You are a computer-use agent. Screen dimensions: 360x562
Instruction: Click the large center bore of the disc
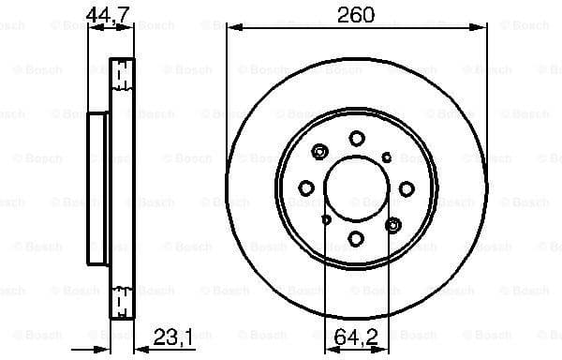(357, 188)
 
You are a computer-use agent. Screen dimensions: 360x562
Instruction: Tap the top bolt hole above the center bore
(357, 139)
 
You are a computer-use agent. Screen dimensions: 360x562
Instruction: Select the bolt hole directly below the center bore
(357, 239)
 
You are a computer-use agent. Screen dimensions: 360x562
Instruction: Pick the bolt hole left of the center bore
(306, 188)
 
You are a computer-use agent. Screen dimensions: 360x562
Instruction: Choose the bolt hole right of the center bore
(407, 188)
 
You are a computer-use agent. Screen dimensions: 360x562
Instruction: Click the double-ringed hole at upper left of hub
(321, 153)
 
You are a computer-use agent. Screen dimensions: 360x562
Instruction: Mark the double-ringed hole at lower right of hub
(392, 224)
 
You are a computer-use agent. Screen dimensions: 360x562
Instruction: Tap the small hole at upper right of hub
(387, 157)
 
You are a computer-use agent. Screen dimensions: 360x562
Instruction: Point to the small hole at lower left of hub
(326, 219)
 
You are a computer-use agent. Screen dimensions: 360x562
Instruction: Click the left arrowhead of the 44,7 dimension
(93, 28)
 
